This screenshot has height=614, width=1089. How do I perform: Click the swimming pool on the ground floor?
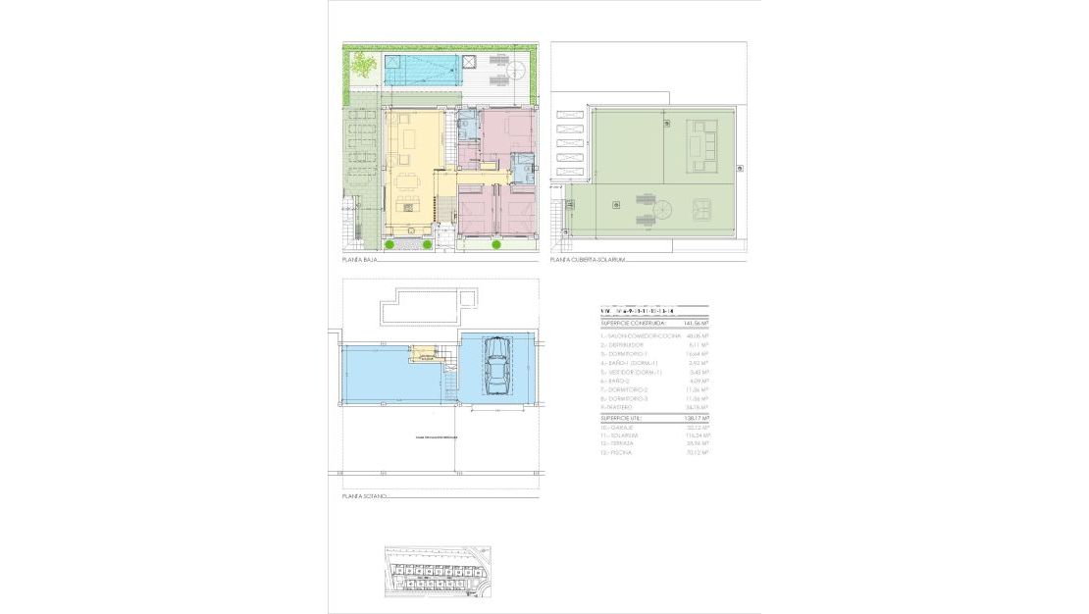421,69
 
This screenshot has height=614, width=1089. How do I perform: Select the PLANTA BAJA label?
360,261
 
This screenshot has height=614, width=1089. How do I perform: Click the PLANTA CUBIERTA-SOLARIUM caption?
589,261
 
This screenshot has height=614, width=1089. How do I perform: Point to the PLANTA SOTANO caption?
365,497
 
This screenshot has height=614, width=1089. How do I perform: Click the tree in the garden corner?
364,66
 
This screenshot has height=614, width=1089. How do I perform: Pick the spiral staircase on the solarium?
664,208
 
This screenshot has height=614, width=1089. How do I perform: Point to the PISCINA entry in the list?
618,453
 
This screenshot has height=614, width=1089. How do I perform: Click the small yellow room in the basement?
426,353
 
